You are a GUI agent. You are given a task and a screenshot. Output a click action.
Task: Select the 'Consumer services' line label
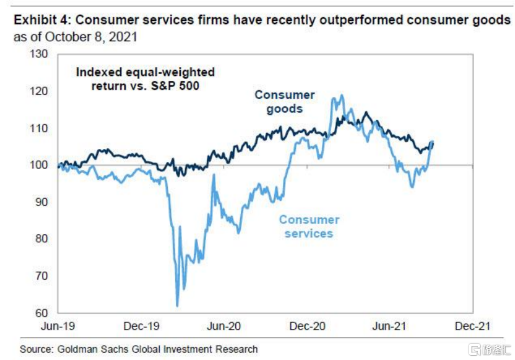309,226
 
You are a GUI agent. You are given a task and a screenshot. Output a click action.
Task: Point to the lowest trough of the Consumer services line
178,306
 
